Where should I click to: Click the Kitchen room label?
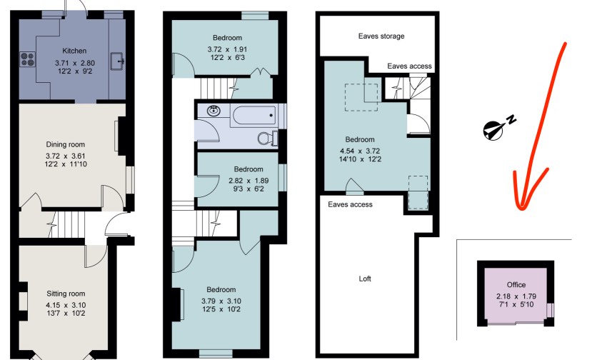click(x=74, y=51)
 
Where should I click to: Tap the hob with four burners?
click(x=28, y=59)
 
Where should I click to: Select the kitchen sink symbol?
click(x=117, y=61)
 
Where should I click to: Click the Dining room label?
click(x=65, y=144)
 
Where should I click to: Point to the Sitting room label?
click(x=66, y=294)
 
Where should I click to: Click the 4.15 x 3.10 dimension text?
click(x=66, y=305)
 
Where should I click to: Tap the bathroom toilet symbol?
click(x=268, y=138)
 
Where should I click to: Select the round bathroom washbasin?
click(x=214, y=111)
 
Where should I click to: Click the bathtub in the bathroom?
click(x=254, y=115)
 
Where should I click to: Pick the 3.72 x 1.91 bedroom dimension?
click(x=227, y=49)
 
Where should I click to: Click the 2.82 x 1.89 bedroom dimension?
click(x=249, y=181)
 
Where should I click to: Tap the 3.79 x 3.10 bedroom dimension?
click(x=221, y=301)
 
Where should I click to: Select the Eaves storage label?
click(x=381, y=36)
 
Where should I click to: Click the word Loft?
click(x=365, y=279)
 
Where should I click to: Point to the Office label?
click(x=516, y=285)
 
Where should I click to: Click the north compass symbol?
click(x=498, y=127)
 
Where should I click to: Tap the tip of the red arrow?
click(x=522, y=208)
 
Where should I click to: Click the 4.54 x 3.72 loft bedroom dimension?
click(x=360, y=151)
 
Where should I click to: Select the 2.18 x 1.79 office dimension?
click(x=516, y=296)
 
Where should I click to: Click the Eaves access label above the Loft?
click(x=350, y=204)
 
